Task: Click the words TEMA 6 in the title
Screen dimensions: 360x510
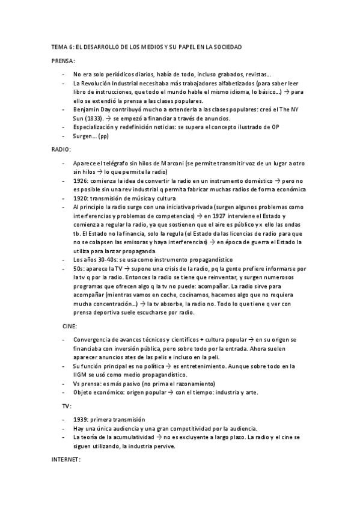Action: click(61, 46)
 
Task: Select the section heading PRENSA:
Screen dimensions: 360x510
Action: click(63, 61)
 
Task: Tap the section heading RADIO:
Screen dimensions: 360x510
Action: click(61, 148)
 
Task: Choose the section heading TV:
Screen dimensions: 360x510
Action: click(67, 405)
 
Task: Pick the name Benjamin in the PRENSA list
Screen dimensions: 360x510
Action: click(86, 111)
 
